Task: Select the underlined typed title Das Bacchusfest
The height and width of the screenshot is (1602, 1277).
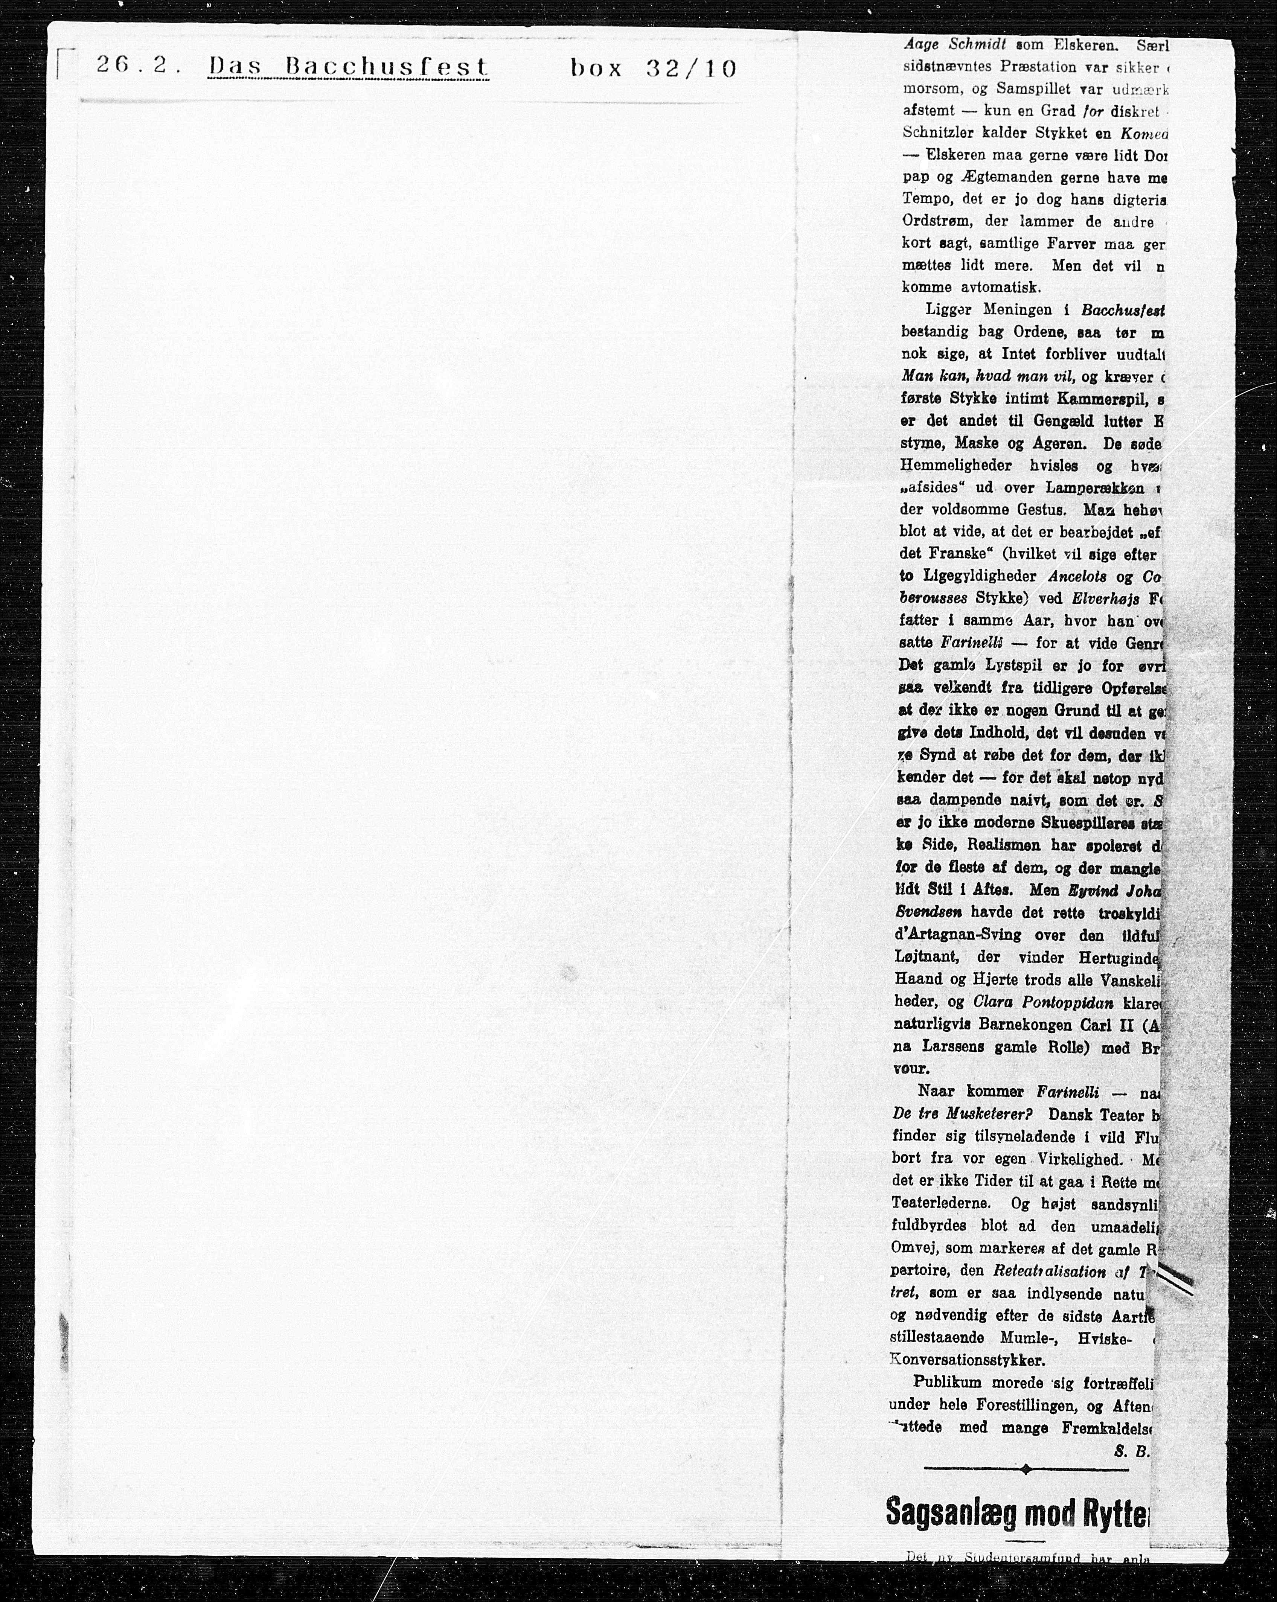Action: pos(349,68)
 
